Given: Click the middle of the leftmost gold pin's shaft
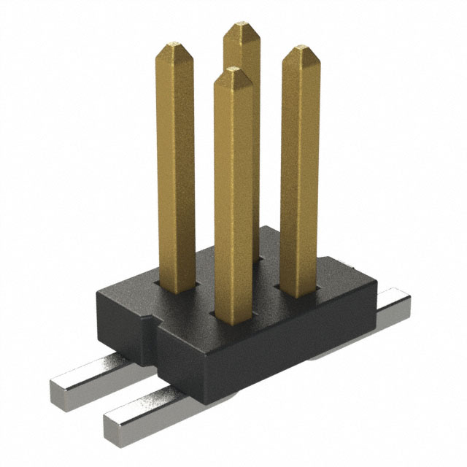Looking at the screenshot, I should click(176, 168).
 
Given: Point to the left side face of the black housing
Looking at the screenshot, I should click(120, 321).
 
